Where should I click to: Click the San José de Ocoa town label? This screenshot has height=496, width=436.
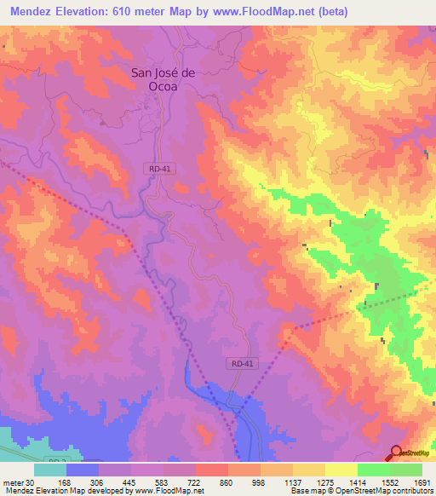(x=163, y=79)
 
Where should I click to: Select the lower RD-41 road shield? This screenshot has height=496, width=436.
(x=243, y=363)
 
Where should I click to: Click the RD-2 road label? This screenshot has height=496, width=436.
(x=56, y=461)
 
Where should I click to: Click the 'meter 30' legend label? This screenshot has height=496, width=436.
(x=19, y=482)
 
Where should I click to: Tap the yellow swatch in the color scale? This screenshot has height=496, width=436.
(x=341, y=470)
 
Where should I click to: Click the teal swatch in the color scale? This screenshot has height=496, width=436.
(x=50, y=470)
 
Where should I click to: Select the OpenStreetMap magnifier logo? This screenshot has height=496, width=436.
(x=397, y=453)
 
